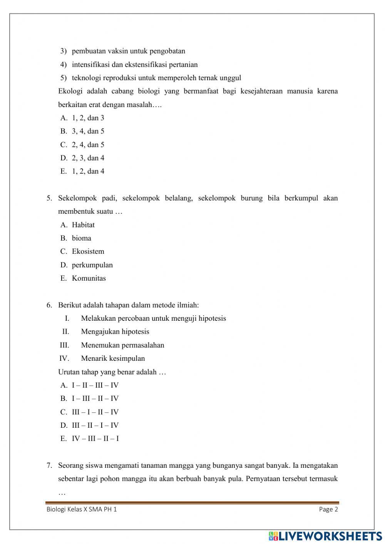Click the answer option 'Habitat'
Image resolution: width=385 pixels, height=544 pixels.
pos(83,225)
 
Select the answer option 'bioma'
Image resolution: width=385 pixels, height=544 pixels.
pos(81,238)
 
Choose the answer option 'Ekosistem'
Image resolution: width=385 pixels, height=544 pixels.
pos(88,251)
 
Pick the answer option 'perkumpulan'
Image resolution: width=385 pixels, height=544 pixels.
pos(92,265)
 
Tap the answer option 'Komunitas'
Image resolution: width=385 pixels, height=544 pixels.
pos(89,278)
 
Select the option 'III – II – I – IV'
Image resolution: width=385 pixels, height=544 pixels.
pos(95,425)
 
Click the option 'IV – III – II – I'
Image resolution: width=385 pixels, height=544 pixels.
pos(95,439)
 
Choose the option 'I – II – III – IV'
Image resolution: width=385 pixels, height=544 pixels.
pos(95,385)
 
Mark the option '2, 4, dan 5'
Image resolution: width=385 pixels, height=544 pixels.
pos(88,145)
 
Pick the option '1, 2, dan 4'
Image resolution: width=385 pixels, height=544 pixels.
pos(88,171)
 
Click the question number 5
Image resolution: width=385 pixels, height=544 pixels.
pos(49,198)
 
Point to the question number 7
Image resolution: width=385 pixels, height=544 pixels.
pos(49,465)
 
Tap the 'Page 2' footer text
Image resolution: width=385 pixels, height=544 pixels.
pos(328,509)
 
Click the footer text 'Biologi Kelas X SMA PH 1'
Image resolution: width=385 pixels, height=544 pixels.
pos(81,509)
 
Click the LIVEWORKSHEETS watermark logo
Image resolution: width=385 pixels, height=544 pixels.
pos(325,536)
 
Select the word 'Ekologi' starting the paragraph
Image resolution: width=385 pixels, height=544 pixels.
pos(69,91)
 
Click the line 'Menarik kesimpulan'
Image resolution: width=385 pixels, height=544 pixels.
pos(113,358)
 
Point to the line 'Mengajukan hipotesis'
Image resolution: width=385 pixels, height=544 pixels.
pos(115,332)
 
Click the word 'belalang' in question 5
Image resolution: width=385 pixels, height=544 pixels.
pos(179,198)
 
